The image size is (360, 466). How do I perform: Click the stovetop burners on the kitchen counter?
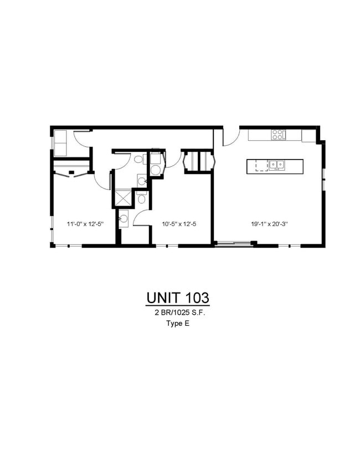pos(277,134)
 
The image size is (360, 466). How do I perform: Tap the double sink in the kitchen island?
pos(276,165)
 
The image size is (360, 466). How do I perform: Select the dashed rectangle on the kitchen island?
pos(263,166)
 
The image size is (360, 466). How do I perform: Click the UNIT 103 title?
pos(178,298)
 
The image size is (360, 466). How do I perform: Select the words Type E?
pos(178,325)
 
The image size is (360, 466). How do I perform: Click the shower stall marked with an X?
pos(122,198)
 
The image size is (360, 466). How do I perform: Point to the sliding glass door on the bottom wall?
pos(233,243)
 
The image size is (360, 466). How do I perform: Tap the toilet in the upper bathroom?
pos(138,159)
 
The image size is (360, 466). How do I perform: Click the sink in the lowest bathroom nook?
pos(123,219)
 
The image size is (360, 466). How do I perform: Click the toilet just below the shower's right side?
pos(142,198)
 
